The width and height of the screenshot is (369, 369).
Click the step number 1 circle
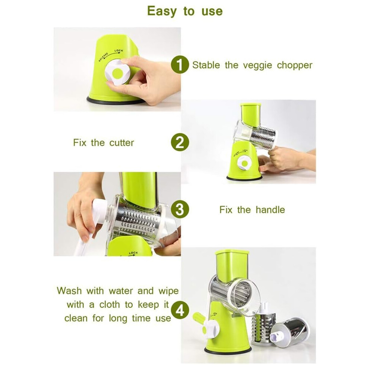pos(180,64)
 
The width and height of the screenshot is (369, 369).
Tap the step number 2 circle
pos(180,142)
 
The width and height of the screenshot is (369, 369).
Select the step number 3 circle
pos(180,209)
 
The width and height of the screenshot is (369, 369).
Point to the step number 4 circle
pos(180,310)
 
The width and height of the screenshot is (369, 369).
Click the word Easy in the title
pos(162,11)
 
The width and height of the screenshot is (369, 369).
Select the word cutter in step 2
pos(122,143)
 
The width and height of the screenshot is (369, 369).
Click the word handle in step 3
pos(270,209)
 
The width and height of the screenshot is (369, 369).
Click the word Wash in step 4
pos(69,291)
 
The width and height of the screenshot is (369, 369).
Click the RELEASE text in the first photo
pos(103,57)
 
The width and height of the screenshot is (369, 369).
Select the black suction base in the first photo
pos(115,100)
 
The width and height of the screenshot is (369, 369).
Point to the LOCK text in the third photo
pos(133,253)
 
